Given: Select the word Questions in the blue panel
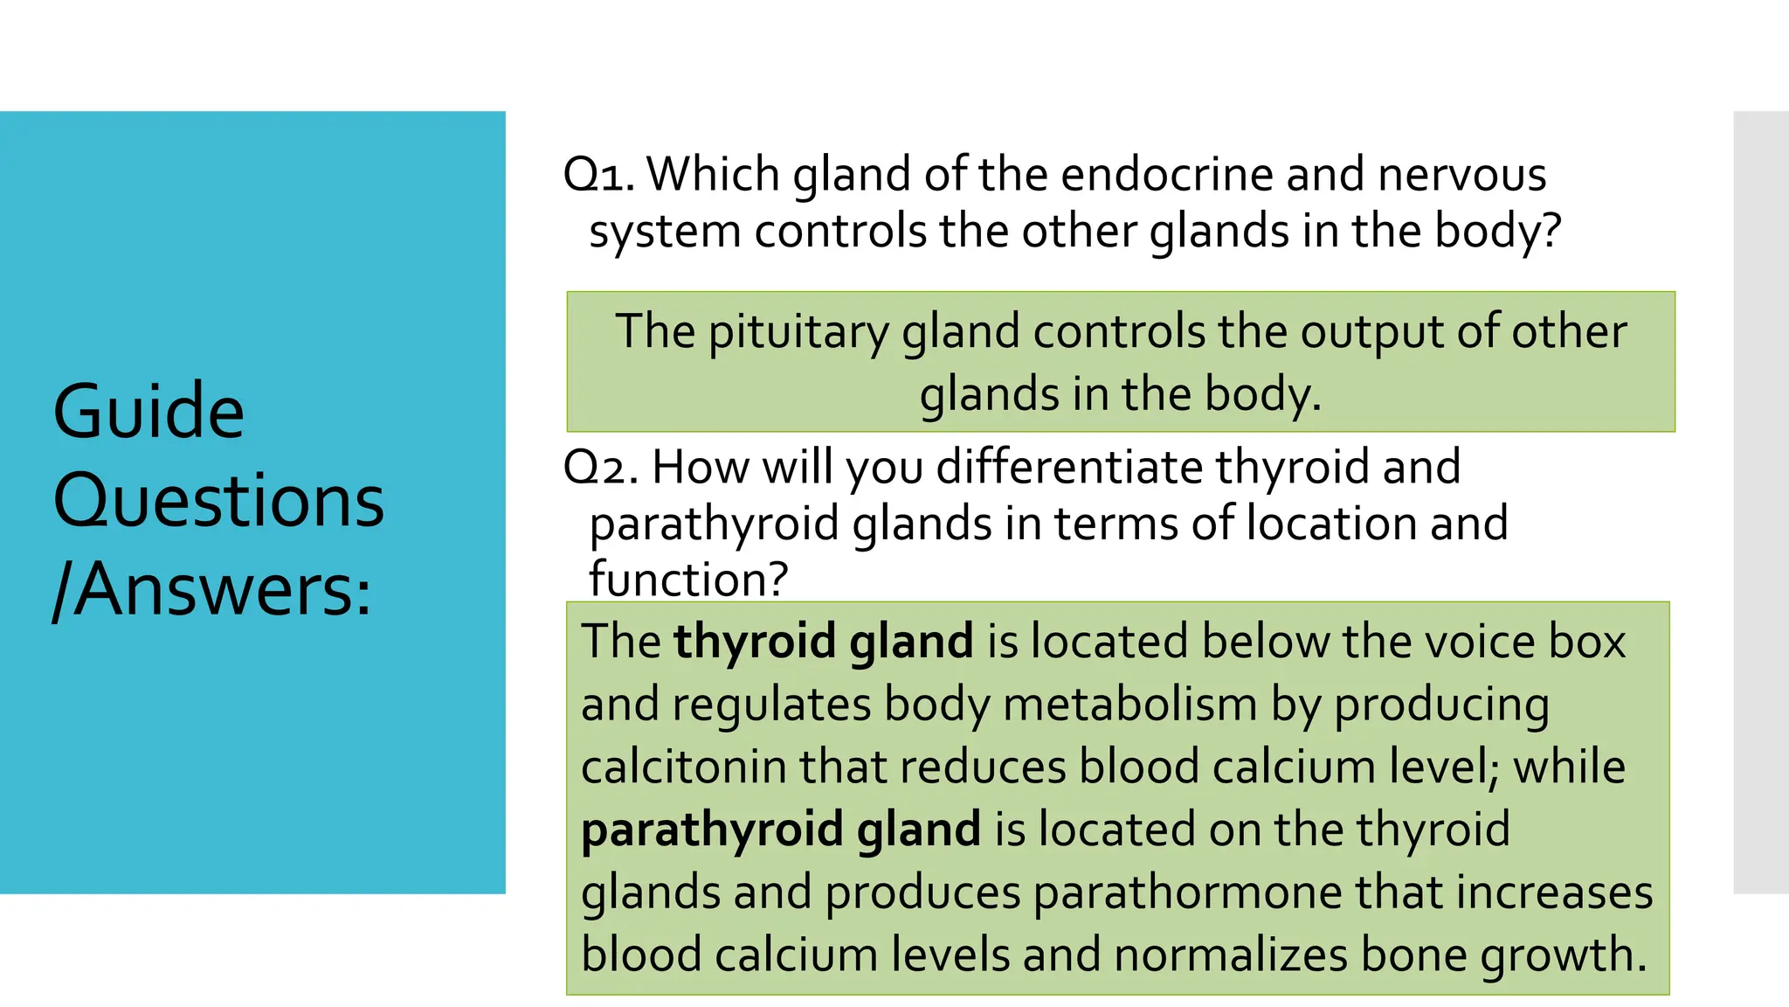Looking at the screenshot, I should pos(218,501).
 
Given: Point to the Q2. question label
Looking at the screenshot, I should pos(602,467).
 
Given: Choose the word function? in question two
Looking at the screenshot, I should pos(688,580).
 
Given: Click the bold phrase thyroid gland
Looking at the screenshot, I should pos(823,642).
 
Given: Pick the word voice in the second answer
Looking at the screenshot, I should pos(1480,642).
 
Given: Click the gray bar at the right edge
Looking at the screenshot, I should pos(1761,502).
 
